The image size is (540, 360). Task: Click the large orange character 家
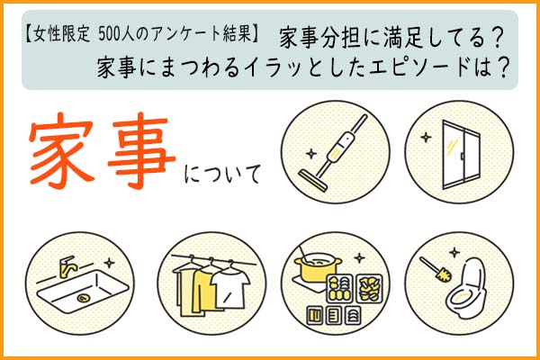tap(61, 150)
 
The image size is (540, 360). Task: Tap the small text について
tap(222, 175)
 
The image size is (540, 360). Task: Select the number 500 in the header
tap(108, 35)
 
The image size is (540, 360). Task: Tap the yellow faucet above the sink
tap(66, 266)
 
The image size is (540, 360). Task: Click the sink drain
tap(83, 298)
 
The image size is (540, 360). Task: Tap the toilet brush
tap(436, 269)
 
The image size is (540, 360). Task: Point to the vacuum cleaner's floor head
tap(312, 181)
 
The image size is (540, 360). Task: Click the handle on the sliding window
tap(462, 156)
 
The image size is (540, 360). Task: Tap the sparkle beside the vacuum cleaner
tap(311, 154)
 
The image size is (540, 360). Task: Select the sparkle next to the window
tap(426, 138)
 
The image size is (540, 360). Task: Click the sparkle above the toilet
tap(454, 253)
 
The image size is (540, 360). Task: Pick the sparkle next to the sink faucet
tap(109, 263)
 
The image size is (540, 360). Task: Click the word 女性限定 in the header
tap(62, 35)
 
